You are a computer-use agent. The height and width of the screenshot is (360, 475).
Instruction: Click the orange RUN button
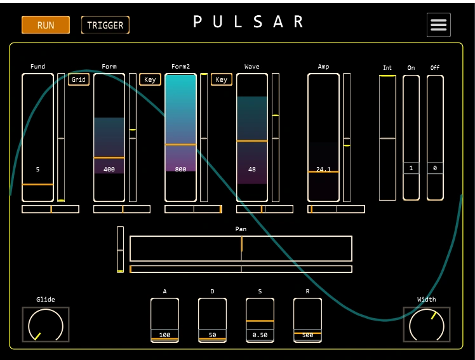pos(45,25)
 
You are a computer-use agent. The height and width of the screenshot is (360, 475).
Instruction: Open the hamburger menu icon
pos(439,25)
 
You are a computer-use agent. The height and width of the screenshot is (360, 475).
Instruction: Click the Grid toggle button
pos(79,79)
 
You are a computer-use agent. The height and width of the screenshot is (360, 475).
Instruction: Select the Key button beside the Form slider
pos(150,79)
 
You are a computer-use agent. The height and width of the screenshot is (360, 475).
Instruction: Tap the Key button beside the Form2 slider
pos(222,79)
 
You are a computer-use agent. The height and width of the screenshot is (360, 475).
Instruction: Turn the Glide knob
pos(46,325)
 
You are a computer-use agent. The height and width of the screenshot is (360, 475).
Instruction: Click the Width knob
pos(427,325)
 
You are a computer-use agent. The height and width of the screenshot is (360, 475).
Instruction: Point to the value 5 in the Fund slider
pos(38,170)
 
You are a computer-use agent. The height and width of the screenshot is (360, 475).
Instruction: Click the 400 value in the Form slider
pos(109,170)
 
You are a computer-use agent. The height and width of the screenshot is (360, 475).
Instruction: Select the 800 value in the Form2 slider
pos(181,170)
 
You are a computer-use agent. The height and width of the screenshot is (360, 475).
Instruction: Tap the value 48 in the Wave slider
pos(252,170)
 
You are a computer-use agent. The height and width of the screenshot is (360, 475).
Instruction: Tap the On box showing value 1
pos(411,168)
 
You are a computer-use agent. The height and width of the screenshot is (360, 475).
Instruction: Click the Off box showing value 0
pos(435,168)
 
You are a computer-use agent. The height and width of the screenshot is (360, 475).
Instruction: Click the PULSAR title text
pos(249,22)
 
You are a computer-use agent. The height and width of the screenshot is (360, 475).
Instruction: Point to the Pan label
pos(241,229)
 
